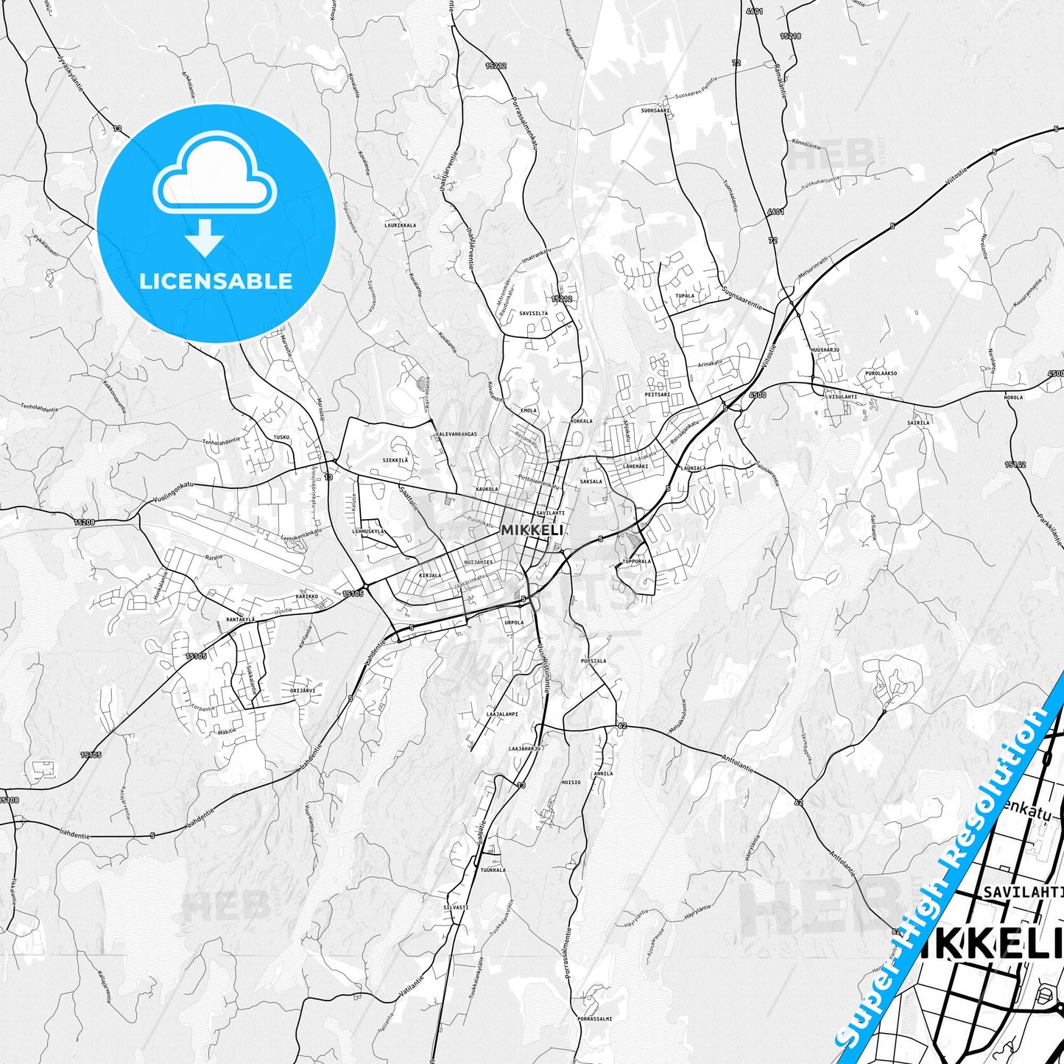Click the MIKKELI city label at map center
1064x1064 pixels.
coord(532,529)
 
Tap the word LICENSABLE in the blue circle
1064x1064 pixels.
coord(216,281)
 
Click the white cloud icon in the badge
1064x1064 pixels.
coord(214,180)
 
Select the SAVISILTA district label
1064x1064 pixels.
coord(534,313)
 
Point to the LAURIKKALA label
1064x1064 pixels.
coord(400,225)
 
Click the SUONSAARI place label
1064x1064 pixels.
coord(655,110)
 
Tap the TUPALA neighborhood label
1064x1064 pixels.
coord(685,296)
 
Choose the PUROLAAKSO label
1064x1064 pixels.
coord(881,373)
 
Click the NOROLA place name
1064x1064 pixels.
coord(1013,398)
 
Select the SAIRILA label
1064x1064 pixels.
coord(918,423)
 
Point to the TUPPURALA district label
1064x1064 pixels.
coord(637,561)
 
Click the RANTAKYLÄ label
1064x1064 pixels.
coord(241,620)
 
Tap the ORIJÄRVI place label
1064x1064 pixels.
coord(303,691)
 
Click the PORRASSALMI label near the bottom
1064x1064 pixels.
coord(595,1019)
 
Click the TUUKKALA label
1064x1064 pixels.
coord(493,870)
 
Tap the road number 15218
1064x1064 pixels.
coord(790,35)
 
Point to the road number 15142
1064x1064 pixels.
coord(1015,465)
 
